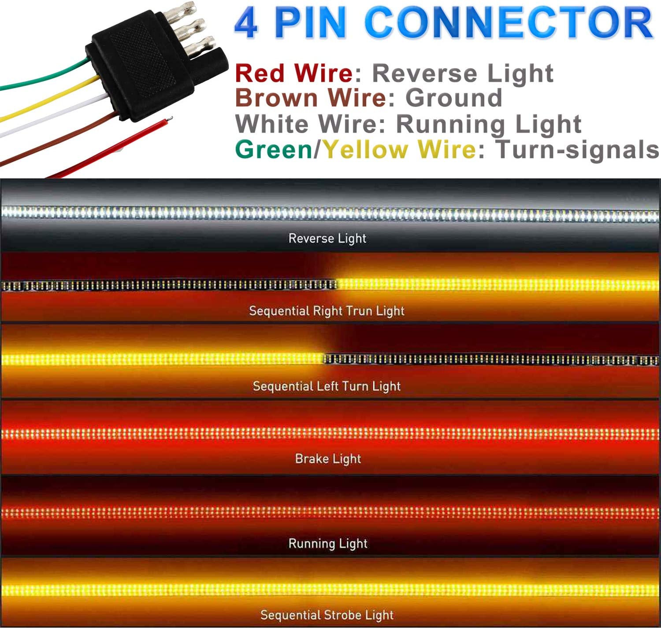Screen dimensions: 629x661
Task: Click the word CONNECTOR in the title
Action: point(509,23)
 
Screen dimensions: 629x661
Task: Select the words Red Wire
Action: point(294,73)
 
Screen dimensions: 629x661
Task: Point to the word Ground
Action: point(453,98)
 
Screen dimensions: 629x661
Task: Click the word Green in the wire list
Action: point(274,150)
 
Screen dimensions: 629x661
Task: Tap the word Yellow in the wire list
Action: point(366,150)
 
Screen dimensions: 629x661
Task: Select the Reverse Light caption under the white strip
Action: point(327,239)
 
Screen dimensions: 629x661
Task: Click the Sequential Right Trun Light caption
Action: point(327,311)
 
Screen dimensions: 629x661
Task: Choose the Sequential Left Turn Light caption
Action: point(327,386)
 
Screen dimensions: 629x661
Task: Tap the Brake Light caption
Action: point(328,459)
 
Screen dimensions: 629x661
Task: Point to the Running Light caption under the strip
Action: point(328,544)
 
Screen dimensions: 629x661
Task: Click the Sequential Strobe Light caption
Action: point(327,615)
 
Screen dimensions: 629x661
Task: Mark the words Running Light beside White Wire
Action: point(489,124)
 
